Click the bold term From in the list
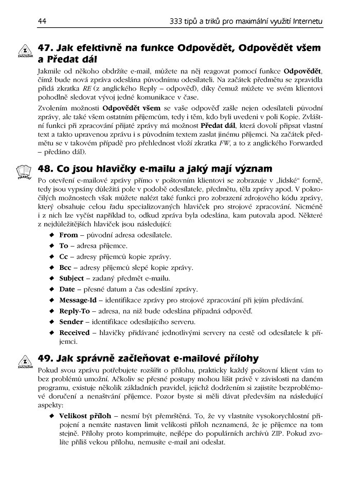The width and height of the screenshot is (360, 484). (x=68, y=235)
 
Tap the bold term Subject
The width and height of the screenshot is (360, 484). (x=71, y=278)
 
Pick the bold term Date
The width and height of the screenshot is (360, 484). (x=67, y=289)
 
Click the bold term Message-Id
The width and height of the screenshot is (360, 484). (x=81, y=300)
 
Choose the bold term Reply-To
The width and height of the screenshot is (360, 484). (x=75, y=311)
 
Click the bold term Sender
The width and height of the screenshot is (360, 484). (x=71, y=322)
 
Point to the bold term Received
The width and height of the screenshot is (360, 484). (x=74, y=332)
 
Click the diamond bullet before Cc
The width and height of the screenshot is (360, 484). (x=51, y=256)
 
